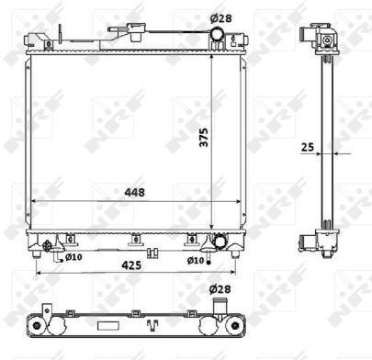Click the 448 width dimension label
[x=134, y=193]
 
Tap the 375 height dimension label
[x=204, y=137]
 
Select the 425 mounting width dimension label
[x=131, y=265]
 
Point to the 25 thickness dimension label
[x=308, y=147]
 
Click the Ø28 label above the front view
[x=220, y=18]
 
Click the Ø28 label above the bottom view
[x=220, y=289]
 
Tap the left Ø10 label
[x=73, y=257]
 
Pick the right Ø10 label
[x=196, y=261]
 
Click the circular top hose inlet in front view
[x=217, y=34]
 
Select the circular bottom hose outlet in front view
[x=220, y=242]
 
